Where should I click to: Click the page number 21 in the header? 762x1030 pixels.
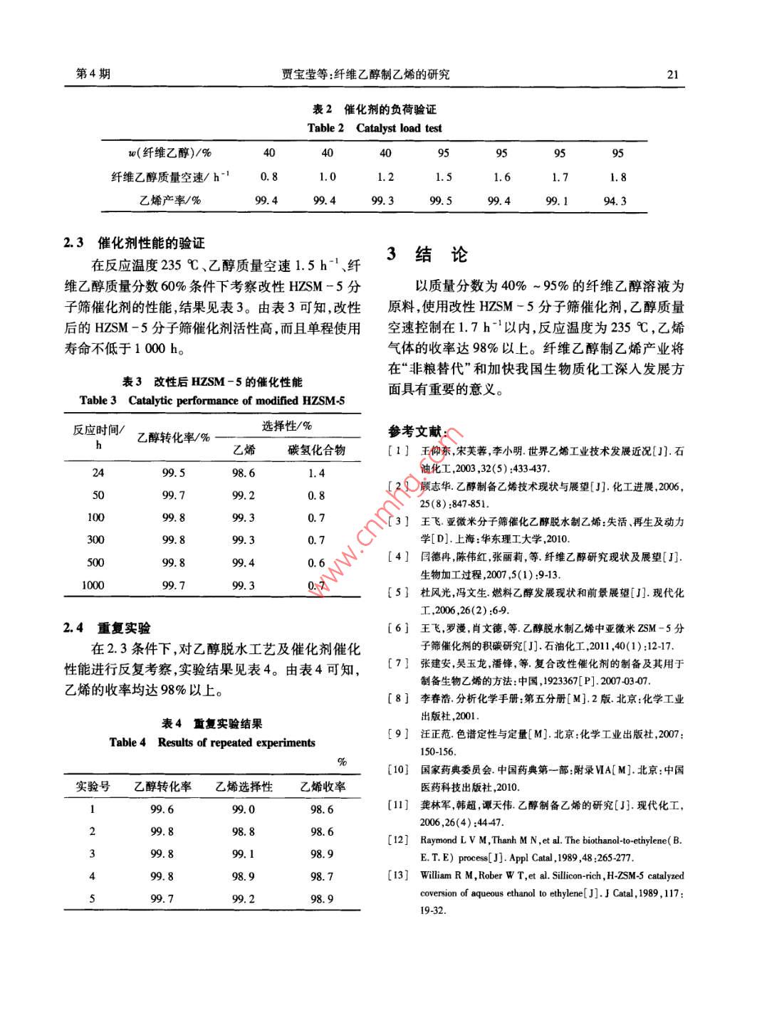672,74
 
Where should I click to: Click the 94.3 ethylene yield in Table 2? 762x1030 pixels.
615,201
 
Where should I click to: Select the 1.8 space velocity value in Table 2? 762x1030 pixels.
617,177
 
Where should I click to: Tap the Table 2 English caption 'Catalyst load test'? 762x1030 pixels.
398,128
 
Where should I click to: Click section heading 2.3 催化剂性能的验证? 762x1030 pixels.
135,243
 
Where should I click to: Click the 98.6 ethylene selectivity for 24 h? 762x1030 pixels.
243,473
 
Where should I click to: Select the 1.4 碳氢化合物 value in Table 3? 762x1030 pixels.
316,473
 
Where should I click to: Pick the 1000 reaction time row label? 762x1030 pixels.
93,585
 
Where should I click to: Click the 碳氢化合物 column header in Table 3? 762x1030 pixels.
316,450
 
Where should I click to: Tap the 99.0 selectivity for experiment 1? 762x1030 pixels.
243,809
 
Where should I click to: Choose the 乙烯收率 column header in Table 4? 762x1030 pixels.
322,787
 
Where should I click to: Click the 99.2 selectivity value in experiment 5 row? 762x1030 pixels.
243,898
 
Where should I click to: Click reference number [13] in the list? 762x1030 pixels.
398,875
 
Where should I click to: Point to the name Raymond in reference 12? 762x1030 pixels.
438,840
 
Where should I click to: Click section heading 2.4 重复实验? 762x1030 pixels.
108,628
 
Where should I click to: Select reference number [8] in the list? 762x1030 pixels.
398,698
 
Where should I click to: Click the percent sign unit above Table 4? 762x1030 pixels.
342,762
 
